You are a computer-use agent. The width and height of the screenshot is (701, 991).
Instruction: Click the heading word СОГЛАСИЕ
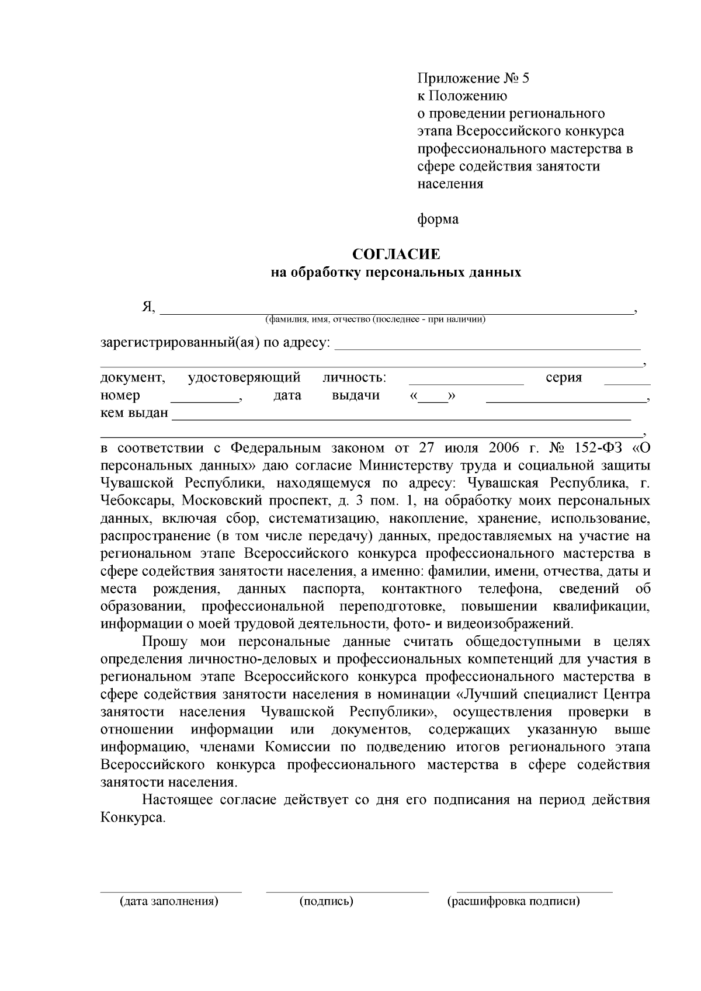(x=395, y=255)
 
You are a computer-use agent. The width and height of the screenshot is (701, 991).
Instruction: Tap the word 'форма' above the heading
(x=438, y=220)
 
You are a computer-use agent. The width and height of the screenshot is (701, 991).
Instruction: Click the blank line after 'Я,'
(x=397, y=310)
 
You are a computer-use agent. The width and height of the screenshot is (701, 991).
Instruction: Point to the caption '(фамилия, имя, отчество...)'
(x=375, y=319)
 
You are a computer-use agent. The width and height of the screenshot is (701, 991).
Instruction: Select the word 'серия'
(x=564, y=378)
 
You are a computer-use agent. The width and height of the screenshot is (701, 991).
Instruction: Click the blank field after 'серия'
(x=627, y=381)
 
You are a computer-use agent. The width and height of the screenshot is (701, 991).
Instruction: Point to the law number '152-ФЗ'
(x=596, y=448)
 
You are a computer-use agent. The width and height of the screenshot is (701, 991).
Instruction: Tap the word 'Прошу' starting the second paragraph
(x=165, y=642)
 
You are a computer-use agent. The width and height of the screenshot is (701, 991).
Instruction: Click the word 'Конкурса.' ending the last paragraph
(x=133, y=818)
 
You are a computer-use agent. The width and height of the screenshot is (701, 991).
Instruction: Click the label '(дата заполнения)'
(x=169, y=901)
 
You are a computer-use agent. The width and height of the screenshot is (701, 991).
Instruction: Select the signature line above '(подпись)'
(x=347, y=892)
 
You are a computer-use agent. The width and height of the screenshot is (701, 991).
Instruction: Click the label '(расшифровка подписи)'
(x=513, y=901)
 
